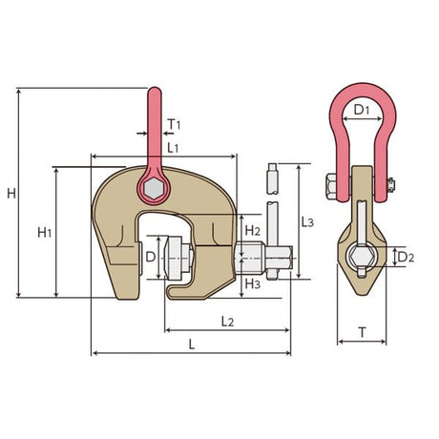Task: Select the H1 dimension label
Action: click(44, 232)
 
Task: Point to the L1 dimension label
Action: click(173, 149)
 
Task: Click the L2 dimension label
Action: click(227, 323)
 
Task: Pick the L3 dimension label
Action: click(305, 221)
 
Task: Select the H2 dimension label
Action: click(252, 231)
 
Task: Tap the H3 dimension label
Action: click(252, 283)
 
